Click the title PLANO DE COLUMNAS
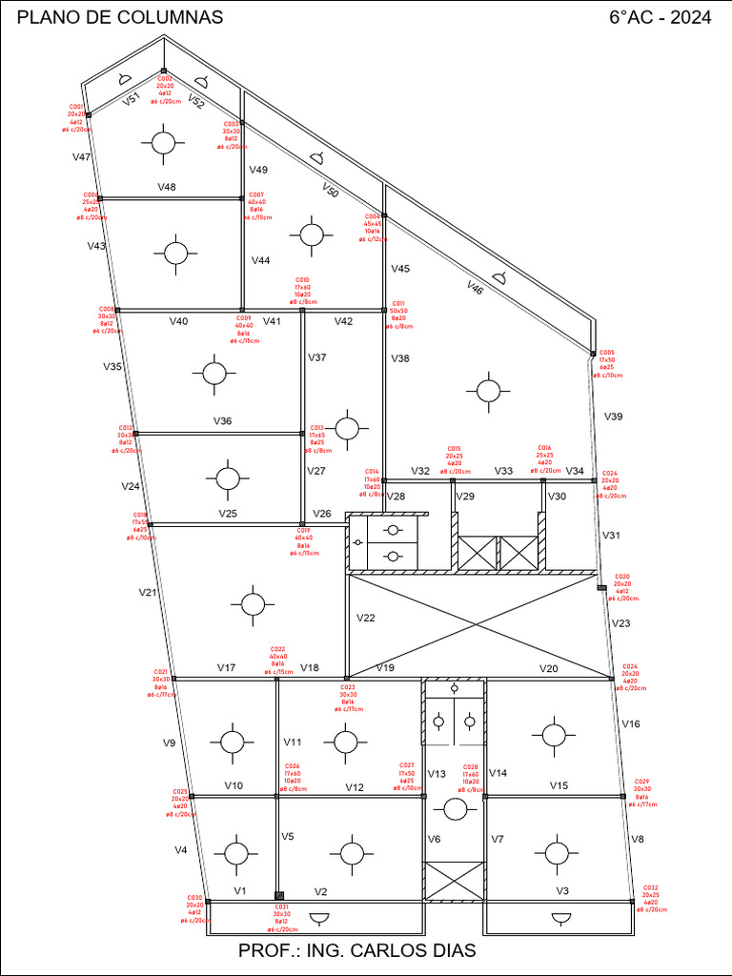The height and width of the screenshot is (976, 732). click(121, 18)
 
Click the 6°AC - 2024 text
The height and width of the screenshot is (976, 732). click(660, 18)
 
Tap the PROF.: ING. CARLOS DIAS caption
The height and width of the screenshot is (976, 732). click(356, 951)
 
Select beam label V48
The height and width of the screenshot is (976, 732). click(167, 187)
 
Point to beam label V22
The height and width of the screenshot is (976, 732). click(366, 618)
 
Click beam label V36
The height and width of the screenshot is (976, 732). click(222, 420)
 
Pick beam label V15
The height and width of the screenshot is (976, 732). click(559, 785)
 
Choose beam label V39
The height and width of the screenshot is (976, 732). click(613, 417)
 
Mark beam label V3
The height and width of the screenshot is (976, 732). click(562, 891)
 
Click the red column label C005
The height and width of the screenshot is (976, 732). click(607, 353)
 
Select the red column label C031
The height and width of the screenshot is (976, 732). click(281, 907)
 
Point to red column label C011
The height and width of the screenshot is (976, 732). click(398, 303)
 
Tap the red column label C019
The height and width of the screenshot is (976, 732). click(303, 530)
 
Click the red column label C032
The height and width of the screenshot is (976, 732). click(651, 887)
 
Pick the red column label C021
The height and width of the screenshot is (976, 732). click(161, 672)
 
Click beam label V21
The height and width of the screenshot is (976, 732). click(147, 592)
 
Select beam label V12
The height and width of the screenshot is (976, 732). click(355, 787)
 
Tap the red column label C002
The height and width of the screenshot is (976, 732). click(164, 79)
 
